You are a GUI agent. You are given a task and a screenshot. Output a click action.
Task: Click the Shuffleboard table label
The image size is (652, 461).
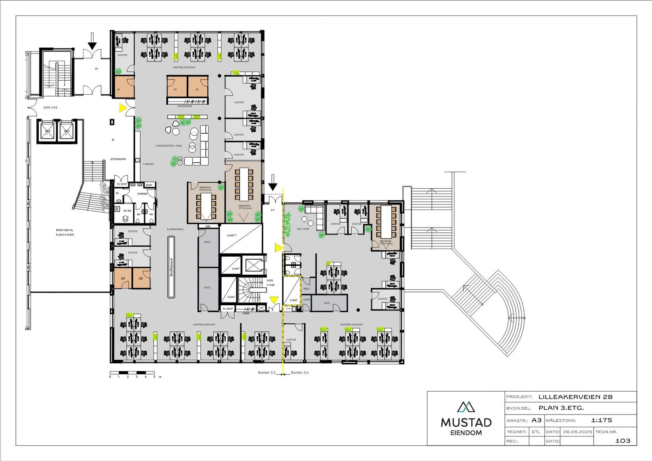click(172, 267)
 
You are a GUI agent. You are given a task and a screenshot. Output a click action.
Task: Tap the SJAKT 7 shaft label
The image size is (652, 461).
click(231, 236)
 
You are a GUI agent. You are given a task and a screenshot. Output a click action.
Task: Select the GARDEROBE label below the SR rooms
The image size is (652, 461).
click(185, 106)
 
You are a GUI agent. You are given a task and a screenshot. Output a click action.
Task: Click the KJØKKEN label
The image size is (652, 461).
click(148, 164)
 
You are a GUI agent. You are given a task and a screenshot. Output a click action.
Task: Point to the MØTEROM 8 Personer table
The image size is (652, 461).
click(207, 205)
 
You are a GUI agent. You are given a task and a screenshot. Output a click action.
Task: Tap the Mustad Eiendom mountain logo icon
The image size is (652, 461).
click(466, 407)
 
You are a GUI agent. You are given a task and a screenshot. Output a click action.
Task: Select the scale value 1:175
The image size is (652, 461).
click(601, 420)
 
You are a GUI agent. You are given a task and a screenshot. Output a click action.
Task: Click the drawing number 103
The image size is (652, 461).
click(622, 441)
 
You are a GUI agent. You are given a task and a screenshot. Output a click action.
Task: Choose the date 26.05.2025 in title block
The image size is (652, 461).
click(577, 432)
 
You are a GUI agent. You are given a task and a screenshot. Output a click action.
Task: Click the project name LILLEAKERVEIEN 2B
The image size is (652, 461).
click(575, 397)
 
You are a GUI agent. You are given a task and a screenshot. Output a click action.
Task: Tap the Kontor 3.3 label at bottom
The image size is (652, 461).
click(267, 373)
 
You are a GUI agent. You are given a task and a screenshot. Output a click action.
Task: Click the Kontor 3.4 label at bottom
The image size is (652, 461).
click(300, 373)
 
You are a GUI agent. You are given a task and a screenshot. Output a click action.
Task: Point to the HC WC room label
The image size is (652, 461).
click(127, 211)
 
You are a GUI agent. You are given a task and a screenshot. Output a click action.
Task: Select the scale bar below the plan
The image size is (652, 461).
click(132, 373)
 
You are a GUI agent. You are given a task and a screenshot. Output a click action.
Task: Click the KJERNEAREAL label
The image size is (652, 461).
click(175, 229)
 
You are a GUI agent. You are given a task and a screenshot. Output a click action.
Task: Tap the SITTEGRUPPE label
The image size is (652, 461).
click(118, 159)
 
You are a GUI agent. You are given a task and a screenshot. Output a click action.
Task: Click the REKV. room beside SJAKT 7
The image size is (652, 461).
click(207, 242)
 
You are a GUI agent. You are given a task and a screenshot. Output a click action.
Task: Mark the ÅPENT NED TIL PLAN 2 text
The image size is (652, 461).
click(65, 232)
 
